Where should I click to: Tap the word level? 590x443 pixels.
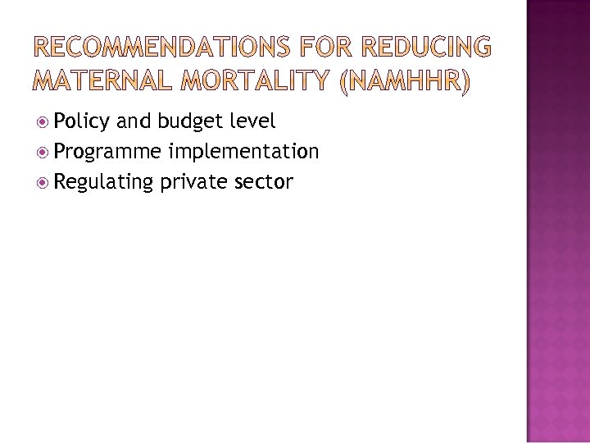pyautogui.click(x=252, y=121)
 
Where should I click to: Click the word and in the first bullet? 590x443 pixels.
pyautogui.click(x=134, y=121)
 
